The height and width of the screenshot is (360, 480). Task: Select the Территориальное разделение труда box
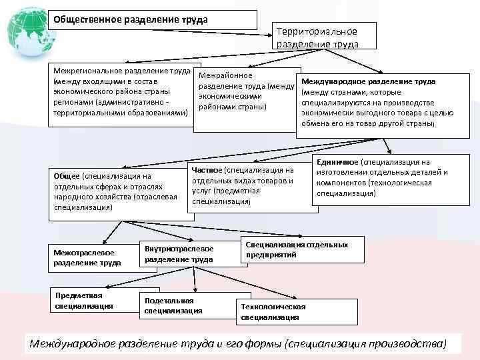[317, 37]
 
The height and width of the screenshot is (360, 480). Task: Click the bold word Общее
[67, 175]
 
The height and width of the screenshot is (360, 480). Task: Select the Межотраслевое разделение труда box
[87, 257]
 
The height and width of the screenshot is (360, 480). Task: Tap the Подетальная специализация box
[173, 305]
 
